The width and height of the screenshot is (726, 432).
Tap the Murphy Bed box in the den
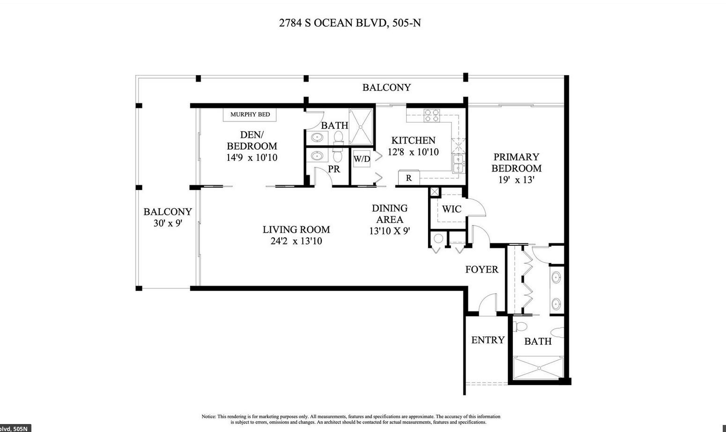pos(250,114)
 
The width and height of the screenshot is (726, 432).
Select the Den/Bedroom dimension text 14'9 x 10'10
pos(252,158)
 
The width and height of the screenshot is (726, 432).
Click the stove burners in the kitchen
pos(431,115)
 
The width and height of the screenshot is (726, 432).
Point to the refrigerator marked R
pos(408,178)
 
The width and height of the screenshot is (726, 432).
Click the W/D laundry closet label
pos(362,159)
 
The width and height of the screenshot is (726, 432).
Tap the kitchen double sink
pos(458,163)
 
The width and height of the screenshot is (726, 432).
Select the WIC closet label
pos(452,209)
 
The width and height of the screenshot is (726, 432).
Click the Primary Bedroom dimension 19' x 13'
pos(516,180)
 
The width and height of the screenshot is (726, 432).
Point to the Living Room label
pos(296,229)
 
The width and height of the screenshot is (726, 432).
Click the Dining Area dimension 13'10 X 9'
pos(389,231)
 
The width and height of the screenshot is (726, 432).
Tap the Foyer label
pos(482,270)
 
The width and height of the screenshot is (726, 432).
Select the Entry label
pos(488,340)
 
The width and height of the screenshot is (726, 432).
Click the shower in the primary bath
pos(537,368)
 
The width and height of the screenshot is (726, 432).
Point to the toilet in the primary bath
pos(521,326)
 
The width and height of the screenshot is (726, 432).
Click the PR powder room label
pos(333,169)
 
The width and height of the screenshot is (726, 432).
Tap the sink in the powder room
pos(318,156)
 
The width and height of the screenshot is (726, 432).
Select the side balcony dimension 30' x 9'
pos(167,223)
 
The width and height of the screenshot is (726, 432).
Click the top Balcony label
pos(386,87)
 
